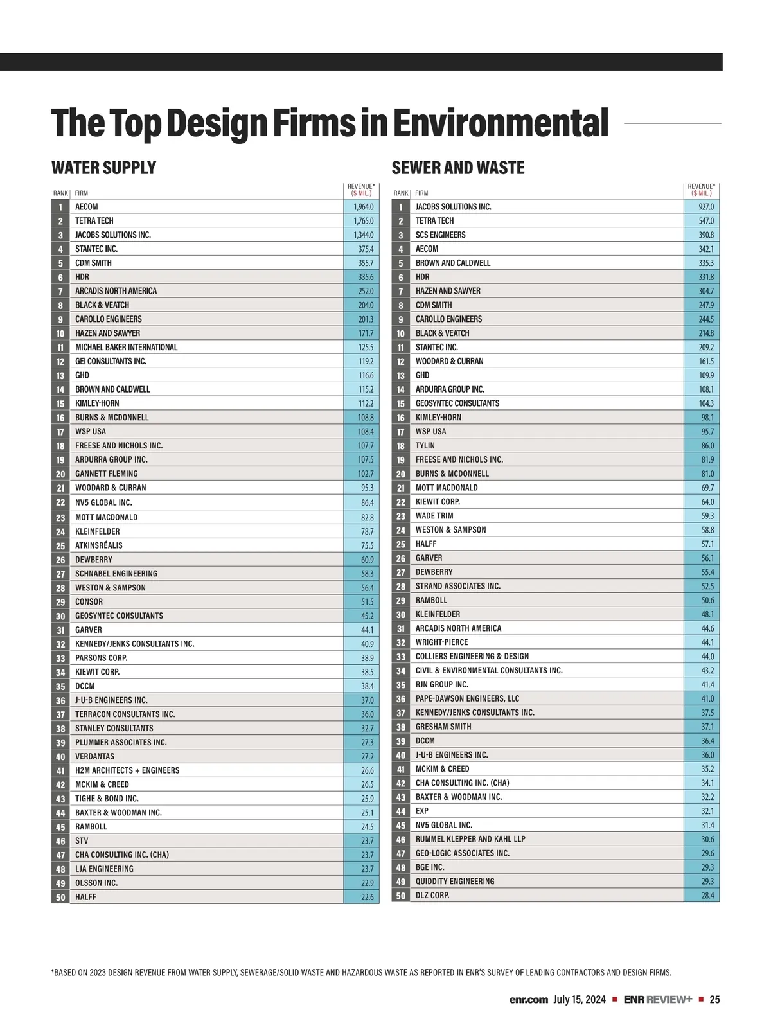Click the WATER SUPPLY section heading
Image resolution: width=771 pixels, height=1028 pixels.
(103, 168)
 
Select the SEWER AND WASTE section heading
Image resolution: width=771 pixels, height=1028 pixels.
(458, 168)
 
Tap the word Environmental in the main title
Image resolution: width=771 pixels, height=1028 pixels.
(501, 123)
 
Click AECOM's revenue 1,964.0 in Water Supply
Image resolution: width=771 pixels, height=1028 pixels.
(363, 207)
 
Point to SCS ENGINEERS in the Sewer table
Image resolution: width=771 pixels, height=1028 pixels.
(440, 235)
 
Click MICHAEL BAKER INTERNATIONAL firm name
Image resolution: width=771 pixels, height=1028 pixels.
(126, 348)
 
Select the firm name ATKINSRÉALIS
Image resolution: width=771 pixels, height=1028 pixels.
(98, 545)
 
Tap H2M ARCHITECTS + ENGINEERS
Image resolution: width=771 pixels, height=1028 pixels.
(127, 770)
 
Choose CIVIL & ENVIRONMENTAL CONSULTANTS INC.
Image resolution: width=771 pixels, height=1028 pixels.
(489, 671)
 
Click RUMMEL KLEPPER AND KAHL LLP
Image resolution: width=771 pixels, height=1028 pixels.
(470, 839)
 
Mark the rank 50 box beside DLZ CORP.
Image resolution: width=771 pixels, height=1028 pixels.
(401, 896)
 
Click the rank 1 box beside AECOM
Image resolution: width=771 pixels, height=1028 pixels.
(60, 207)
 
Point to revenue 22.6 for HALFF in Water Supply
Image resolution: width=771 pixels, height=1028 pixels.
(367, 897)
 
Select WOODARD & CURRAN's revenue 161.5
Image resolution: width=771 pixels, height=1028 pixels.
(706, 362)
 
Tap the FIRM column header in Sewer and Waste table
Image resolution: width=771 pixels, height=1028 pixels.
(421, 193)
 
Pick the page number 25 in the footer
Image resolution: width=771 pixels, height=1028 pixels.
(714, 999)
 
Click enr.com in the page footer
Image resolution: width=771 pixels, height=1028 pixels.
(528, 1000)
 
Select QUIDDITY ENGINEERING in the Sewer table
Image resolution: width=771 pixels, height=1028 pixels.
(455, 882)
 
